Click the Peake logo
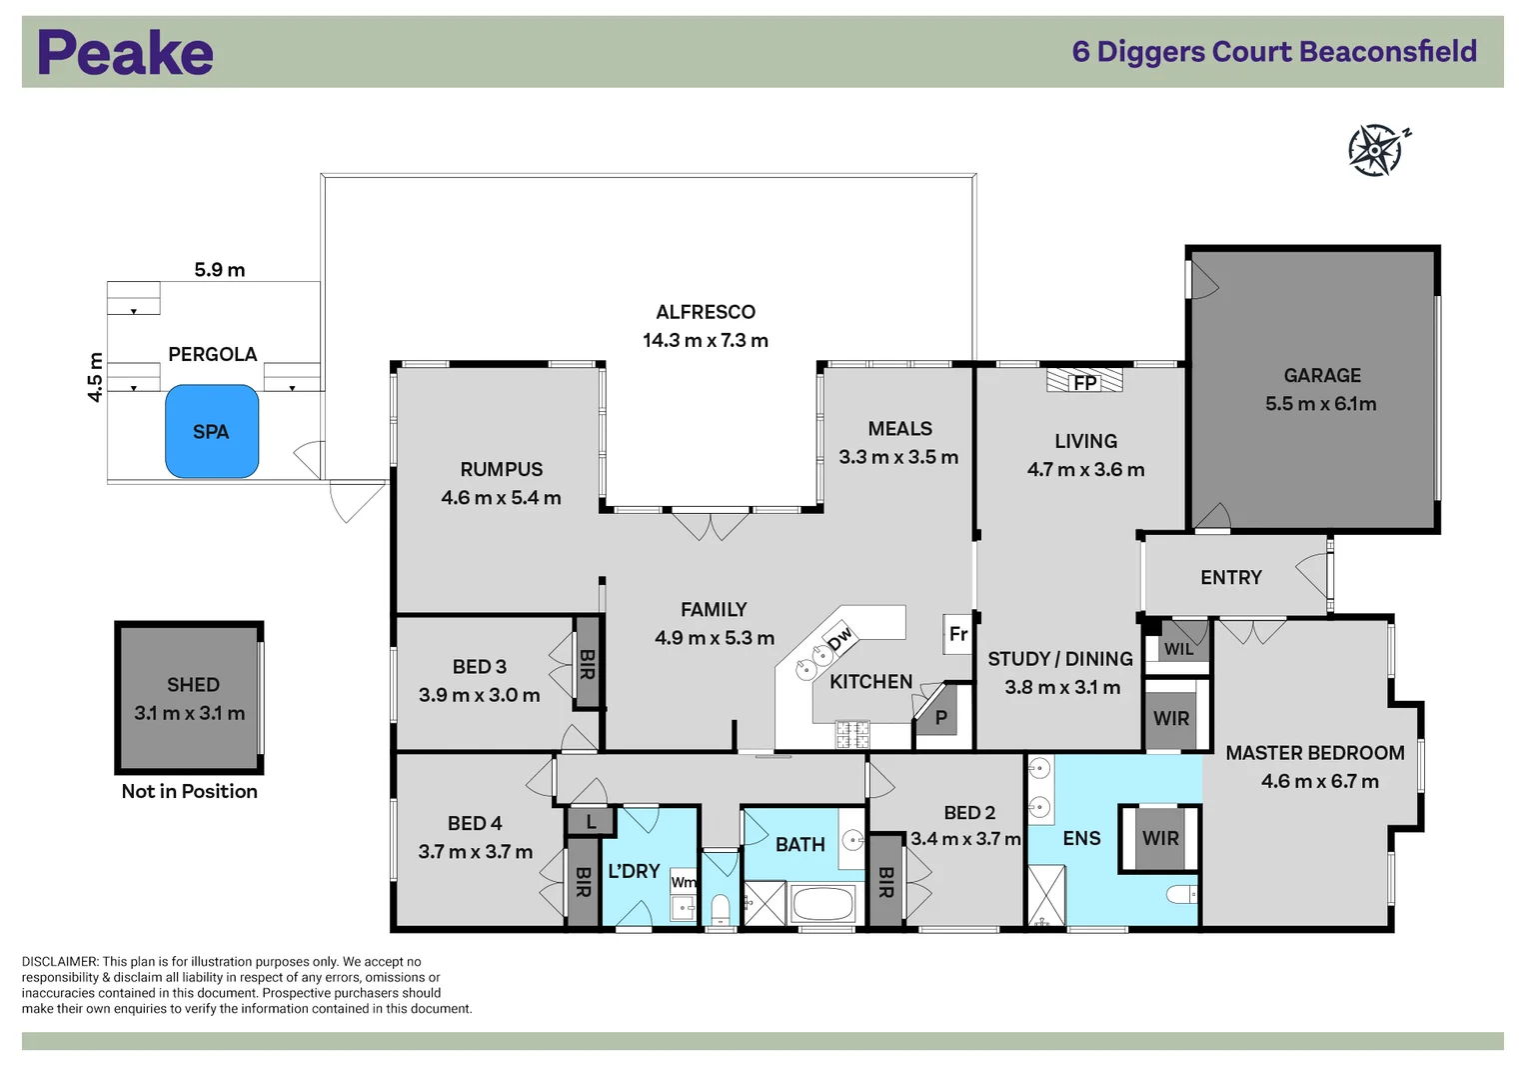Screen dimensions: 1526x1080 [x=126, y=52]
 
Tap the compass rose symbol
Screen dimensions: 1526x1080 [x=1377, y=150]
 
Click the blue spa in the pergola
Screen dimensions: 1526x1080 [x=212, y=432]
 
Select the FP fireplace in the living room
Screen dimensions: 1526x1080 [x=1084, y=380]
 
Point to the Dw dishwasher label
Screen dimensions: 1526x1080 [x=839, y=639]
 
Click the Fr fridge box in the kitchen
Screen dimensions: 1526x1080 [x=957, y=634]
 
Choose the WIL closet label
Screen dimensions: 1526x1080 [x=1178, y=649]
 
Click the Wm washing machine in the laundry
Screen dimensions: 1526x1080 [x=684, y=882]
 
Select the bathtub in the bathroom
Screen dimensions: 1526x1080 [x=822, y=904]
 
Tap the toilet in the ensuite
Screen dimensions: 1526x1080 [x=1181, y=894]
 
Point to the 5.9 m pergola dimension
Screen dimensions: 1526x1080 [x=220, y=270]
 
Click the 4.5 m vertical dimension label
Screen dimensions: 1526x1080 [x=95, y=377]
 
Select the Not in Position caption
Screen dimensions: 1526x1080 [x=190, y=792]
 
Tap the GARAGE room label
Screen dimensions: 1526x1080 [x=1322, y=375]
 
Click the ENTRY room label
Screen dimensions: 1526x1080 [x=1231, y=578]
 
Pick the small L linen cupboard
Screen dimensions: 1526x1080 [x=591, y=822]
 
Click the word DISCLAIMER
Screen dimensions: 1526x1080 [x=61, y=962]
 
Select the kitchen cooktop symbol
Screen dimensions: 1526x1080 [x=852, y=735]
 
